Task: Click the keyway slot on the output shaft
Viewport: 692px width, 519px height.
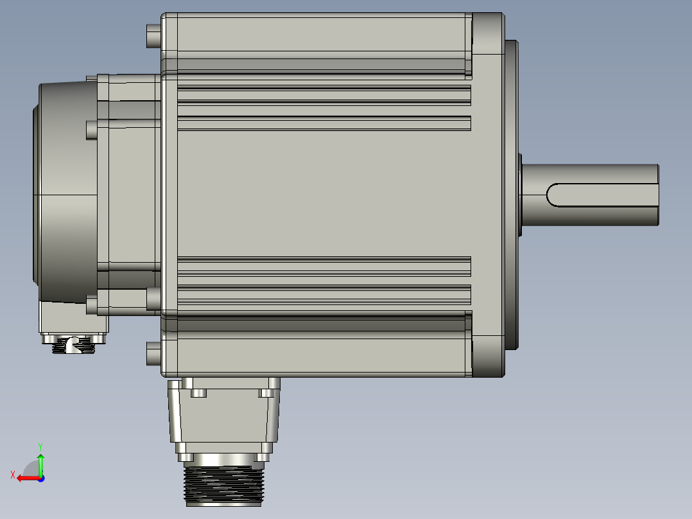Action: (602, 195)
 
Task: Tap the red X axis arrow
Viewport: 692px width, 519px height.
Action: (29, 479)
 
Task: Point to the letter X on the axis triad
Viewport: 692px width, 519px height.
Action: (13, 475)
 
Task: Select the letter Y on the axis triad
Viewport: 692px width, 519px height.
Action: (40, 446)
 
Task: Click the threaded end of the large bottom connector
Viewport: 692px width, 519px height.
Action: (224, 486)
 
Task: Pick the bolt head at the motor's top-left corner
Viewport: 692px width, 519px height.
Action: (153, 36)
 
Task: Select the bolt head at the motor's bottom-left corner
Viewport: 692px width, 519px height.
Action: (153, 353)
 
